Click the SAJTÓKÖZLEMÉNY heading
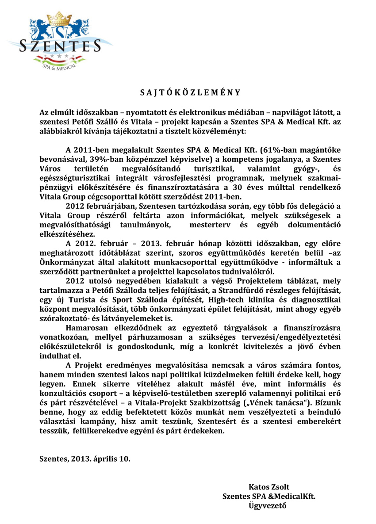187,92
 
